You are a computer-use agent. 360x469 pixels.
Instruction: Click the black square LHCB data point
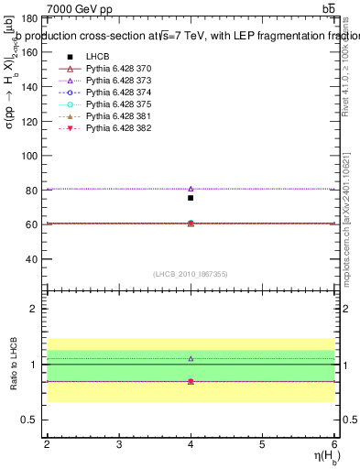coord(191,198)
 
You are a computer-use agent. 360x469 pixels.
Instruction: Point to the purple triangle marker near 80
coord(191,189)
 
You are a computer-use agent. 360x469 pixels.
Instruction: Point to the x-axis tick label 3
coord(119,444)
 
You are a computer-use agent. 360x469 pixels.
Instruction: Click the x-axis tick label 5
coord(263,444)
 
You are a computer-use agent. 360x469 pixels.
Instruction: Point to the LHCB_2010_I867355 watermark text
coord(191,274)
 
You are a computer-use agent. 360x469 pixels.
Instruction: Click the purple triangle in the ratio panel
coord(191,358)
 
